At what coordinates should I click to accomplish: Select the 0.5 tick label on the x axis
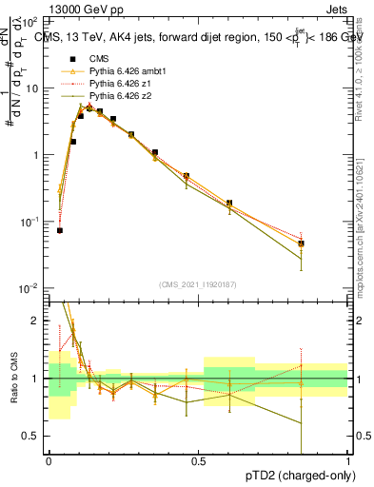tap(198, 461)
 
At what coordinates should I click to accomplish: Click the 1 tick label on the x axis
tap(347, 461)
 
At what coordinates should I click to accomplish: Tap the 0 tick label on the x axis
tap(49, 461)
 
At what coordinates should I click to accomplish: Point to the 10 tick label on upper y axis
tap(32, 88)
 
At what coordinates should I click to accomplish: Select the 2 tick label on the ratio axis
tap(39, 321)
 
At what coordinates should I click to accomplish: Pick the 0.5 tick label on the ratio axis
tap(34, 436)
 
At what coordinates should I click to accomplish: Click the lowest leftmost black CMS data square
tap(60, 230)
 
